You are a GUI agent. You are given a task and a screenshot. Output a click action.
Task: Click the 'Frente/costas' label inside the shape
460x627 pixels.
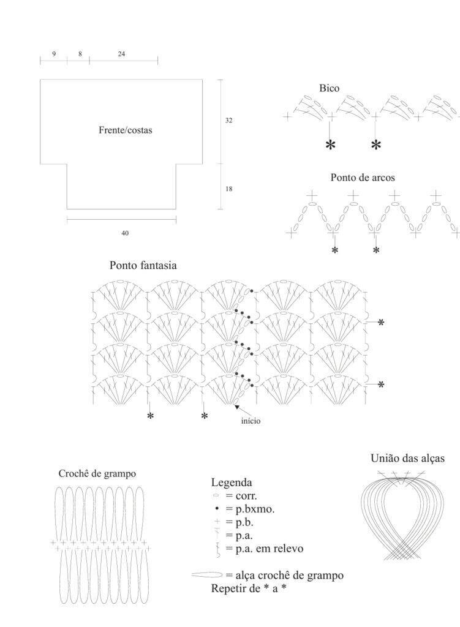point(125,130)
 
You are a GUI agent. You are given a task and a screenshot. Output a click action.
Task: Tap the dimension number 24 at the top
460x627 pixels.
point(121,54)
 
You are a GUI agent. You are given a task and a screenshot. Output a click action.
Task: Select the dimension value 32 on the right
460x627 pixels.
point(228,120)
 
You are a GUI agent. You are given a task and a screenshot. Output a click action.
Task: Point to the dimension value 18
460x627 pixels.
point(228,189)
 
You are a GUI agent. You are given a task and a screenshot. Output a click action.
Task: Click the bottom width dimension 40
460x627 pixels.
point(125,233)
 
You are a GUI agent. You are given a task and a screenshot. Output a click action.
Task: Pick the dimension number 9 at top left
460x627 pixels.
point(54,54)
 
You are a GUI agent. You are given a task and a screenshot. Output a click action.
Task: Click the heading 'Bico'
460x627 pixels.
point(329,88)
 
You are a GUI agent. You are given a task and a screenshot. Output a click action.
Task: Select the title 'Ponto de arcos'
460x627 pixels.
point(363,177)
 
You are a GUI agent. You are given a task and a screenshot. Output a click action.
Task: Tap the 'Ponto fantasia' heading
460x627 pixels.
point(143,265)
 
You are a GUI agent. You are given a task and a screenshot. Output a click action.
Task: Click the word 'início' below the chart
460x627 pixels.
point(251,421)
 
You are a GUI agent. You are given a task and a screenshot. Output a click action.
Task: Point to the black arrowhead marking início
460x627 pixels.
point(237,407)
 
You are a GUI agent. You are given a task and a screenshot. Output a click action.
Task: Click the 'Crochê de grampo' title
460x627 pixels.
point(97,473)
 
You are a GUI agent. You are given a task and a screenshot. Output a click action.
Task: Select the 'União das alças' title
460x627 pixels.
point(407,458)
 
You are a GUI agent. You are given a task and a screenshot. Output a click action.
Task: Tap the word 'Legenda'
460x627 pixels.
point(232,482)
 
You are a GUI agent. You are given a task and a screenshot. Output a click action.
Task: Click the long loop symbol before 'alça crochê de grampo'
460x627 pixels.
point(207,575)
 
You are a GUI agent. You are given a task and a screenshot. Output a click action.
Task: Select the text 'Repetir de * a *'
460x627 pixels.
point(249,588)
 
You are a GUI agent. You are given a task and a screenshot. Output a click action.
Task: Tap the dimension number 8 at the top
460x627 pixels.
point(80,54)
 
